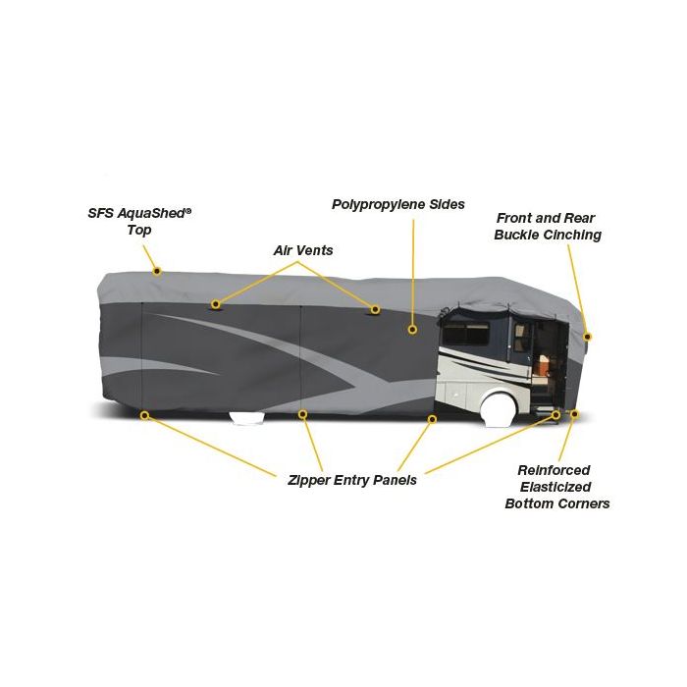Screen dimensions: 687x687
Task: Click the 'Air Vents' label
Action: click(x=303, y=250)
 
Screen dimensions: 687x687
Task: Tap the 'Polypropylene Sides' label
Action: click(x=398, y=204)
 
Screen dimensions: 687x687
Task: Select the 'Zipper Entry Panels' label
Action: click(x=352, y=480)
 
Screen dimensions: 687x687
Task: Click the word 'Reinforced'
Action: click(x=554, y=470)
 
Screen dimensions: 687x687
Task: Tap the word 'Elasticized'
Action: click(x=555, y=487)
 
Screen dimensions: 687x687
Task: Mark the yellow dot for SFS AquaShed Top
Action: click(x=157, y=272)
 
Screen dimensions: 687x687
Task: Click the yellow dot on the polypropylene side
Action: click(x=412, y=330)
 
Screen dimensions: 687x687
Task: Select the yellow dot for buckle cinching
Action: click(x=588, y=337)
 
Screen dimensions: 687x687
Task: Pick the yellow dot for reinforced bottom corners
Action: click(x=575, y=414)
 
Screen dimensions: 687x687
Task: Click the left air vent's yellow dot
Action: click(x=215, y=304)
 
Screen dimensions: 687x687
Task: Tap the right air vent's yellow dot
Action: click(x=375, y=310)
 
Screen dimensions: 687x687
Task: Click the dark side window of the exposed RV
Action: click(x=466, y=335)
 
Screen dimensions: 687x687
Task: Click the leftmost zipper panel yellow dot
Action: click(x=144, y=415)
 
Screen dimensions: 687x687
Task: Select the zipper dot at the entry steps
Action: click(x=556, y=414)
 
